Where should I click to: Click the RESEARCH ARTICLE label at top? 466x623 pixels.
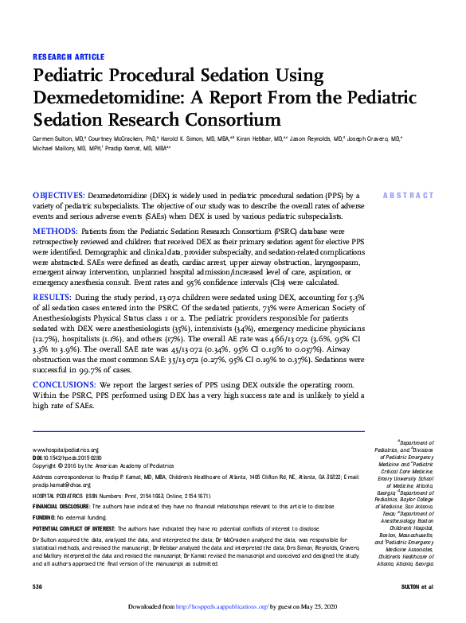(x=68, y=56)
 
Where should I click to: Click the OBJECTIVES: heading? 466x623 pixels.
(x=58, y=195)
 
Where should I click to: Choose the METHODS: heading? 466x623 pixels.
(x=54, y=231)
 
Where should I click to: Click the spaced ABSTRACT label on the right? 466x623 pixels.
(x=408, y=195)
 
